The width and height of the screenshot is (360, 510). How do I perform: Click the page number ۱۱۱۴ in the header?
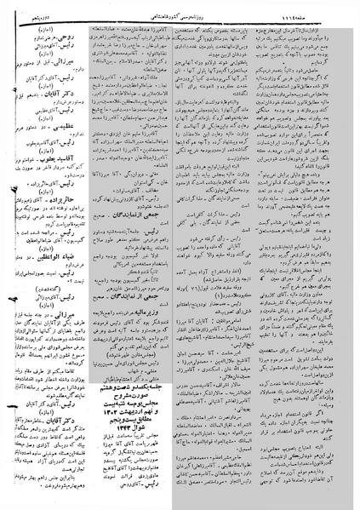(335, 9)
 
